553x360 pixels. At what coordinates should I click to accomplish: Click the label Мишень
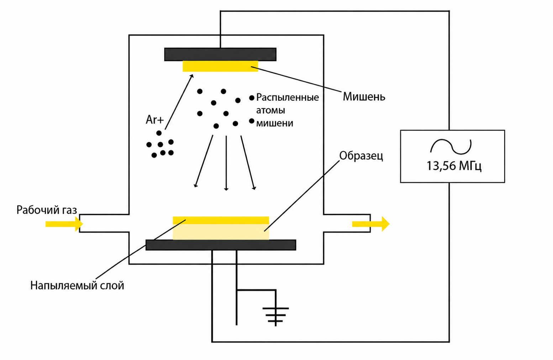(x=364, y=97)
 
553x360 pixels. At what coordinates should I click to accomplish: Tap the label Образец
(x=361, y=156)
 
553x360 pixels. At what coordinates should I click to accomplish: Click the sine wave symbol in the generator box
(x=451, y=147)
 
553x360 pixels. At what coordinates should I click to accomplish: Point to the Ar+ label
(x=155, y=120)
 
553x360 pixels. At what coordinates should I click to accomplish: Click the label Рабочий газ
(x=47, y=210)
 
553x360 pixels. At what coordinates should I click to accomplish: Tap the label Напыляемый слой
(x=77, y=286)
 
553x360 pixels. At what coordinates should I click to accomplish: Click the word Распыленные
(x=288, y=97)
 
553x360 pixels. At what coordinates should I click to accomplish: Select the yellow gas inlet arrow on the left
(x=64, y=224)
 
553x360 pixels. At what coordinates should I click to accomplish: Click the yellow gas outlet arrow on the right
(x=371, y=224)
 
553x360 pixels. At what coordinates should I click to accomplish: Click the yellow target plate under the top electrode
(x=220, y=66)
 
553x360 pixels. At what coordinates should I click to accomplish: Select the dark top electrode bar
(x=220, y=54)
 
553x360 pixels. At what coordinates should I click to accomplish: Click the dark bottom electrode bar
(x=221, y=245)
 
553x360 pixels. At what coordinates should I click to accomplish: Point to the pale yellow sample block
(x=221, y=232)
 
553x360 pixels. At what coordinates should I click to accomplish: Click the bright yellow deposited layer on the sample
(x=221, y=220)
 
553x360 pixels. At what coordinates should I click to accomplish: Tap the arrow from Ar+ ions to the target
(x=179, y=102)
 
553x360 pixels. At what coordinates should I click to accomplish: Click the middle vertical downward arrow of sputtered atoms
(x=226, y=163)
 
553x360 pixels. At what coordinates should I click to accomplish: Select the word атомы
(x=270, y=110)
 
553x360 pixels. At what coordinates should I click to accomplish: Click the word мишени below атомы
(x=274, y=123)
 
